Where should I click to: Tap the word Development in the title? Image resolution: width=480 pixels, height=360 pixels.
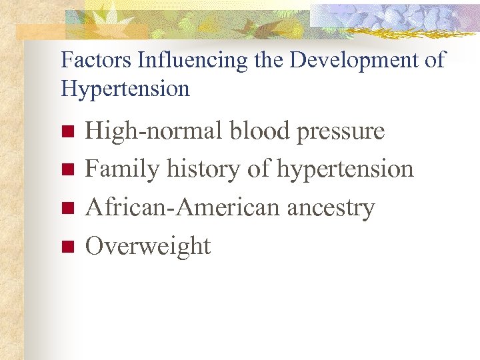(x=352, y=60)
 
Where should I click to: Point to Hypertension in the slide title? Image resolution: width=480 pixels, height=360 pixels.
(x=125, y=89)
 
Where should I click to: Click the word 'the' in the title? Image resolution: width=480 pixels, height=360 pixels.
(x=269, y=60)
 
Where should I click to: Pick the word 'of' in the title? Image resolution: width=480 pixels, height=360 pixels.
(x=433, y=60)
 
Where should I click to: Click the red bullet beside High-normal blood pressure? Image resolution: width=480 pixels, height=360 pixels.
(x=66, y=131)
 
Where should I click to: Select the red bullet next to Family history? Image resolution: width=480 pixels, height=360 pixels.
(x=66, y=170)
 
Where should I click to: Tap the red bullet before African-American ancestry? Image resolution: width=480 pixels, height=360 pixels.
(x=66, y=209)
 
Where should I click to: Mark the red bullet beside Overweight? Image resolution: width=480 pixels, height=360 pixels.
(x=66, y=247)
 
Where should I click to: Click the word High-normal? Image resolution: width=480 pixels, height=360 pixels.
(x=154, y=131)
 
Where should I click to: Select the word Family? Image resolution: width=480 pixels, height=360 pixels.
(x=123, y=170)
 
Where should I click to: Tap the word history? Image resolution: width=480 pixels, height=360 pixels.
(x=204, y=170)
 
